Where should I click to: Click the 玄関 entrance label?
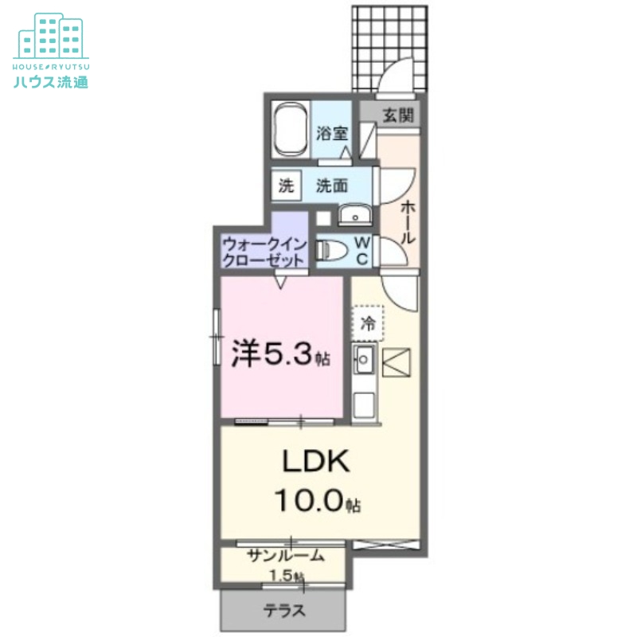click(x=397, y=115)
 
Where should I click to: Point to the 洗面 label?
click(x=332, y=186)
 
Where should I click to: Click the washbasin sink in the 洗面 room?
click(x=352, y=216)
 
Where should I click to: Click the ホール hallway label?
click(x=406, y=222)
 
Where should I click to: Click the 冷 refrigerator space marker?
click(x=367, y=322)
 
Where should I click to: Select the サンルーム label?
click(x=285, y=557)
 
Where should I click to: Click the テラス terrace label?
click(x=284, y=612)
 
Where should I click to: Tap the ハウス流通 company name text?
click(x=50, y=81)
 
